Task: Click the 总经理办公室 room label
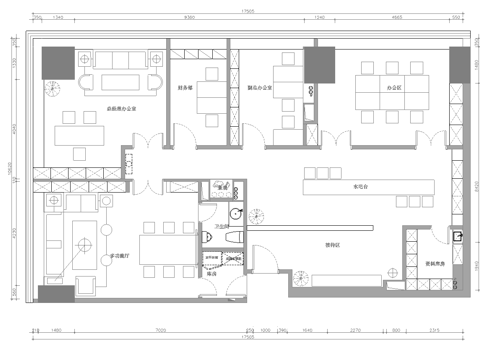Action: [95, 107]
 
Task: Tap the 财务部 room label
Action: [186, 88]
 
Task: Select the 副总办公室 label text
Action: [262, 88]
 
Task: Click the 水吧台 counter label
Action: [362, 187]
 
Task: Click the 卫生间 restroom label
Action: [223, 227]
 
